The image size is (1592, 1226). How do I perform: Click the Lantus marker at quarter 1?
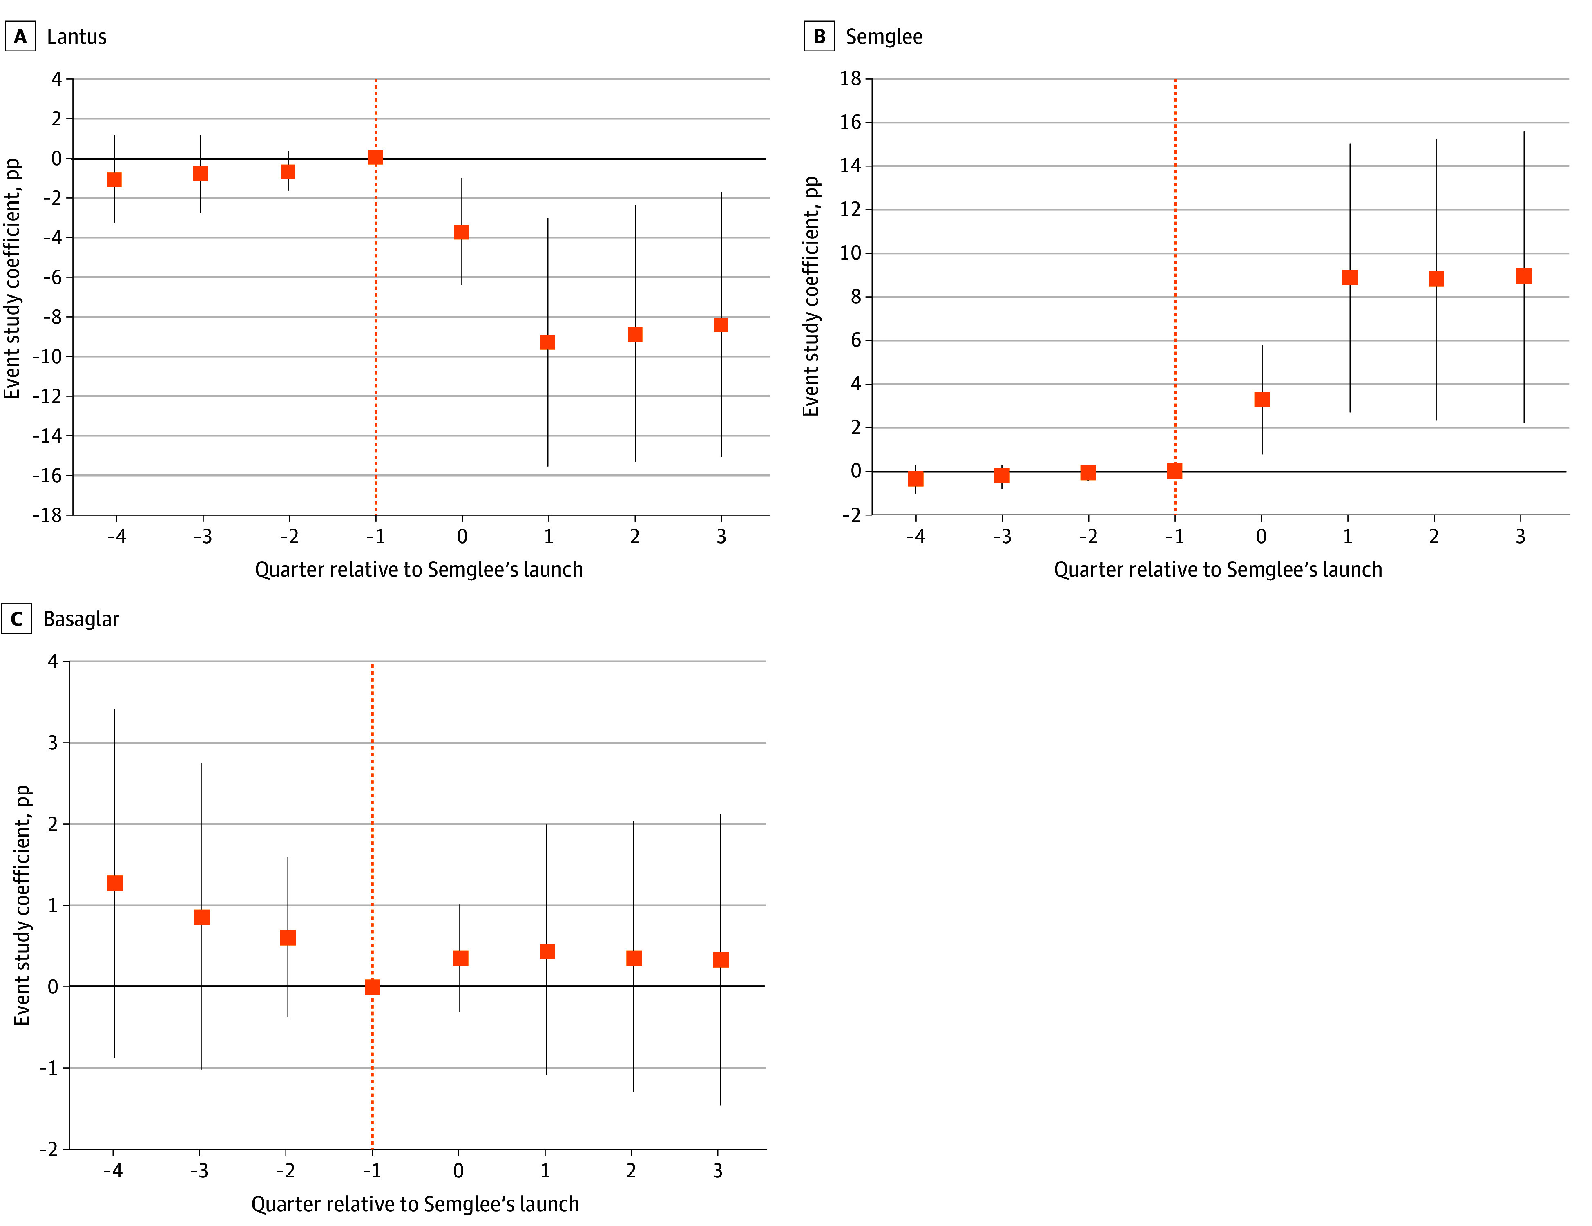[547, 342]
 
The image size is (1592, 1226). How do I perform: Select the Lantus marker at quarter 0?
[461, 233]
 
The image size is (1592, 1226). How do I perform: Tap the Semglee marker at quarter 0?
[1262, 399]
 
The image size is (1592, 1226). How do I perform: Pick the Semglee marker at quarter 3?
[1523, 276]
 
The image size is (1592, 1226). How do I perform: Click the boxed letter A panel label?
[20, 36]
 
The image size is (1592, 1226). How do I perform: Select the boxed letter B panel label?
[819, 36]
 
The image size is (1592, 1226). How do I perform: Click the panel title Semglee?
[884, 36]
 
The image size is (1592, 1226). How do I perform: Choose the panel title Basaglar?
[81, 618]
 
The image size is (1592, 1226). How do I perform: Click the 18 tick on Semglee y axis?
[850, 78]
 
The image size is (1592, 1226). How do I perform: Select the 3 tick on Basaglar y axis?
[52, 743]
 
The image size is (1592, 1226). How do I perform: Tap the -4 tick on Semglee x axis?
[915, 536]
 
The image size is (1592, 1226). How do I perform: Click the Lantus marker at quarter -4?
[114, 179]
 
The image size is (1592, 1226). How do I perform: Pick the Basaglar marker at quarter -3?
[202, 917]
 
